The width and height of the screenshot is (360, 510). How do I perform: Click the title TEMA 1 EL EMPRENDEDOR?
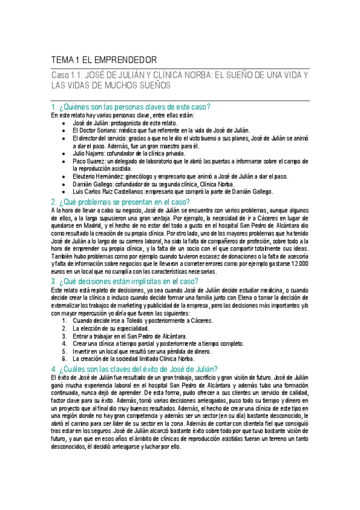(104, 60)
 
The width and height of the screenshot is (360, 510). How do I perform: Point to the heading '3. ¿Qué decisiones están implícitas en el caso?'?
(124, 280)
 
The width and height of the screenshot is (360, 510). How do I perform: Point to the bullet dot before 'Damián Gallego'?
(64, 185)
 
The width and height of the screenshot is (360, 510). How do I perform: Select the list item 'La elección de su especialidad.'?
(111, 328)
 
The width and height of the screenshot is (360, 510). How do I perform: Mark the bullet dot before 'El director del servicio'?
(64, 138)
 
